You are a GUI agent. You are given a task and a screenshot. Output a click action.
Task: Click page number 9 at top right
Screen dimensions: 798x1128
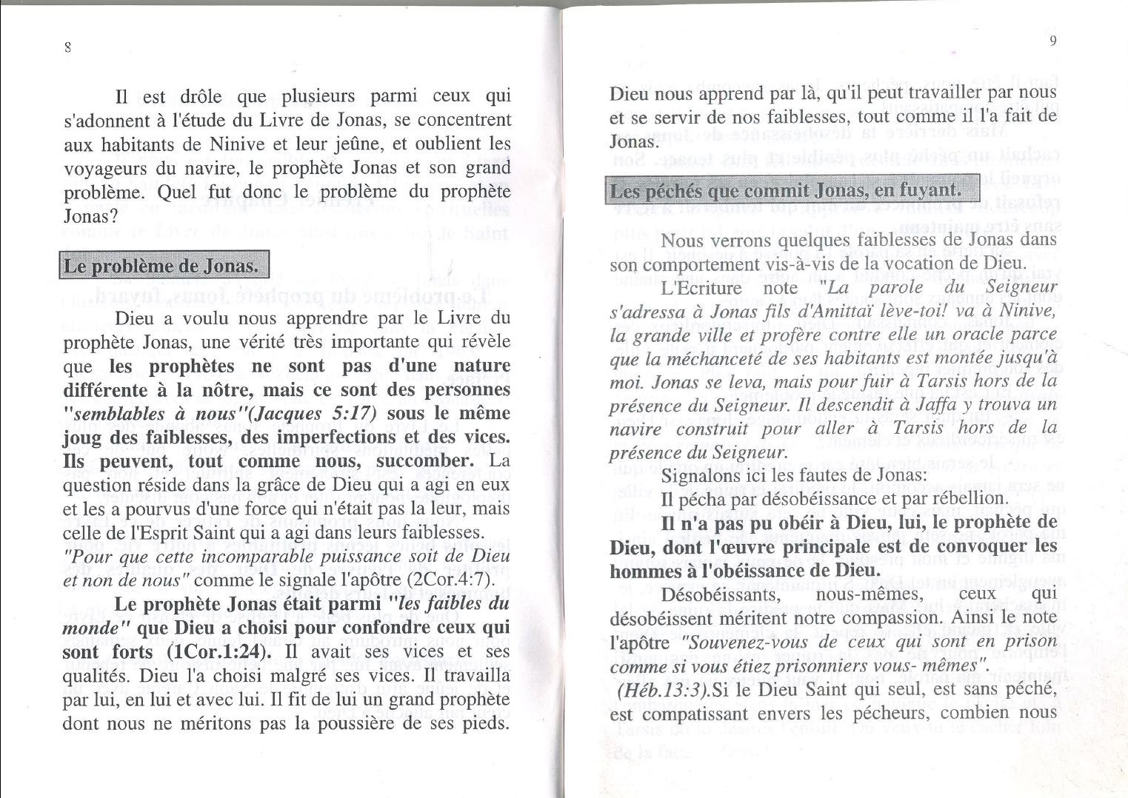1052,41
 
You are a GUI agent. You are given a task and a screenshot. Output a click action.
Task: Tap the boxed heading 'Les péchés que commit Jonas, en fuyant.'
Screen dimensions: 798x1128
792,191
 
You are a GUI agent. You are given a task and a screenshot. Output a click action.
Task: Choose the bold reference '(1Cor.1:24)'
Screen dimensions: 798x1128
216,652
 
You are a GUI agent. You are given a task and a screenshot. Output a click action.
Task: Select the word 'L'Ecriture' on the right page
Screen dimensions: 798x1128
701,287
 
